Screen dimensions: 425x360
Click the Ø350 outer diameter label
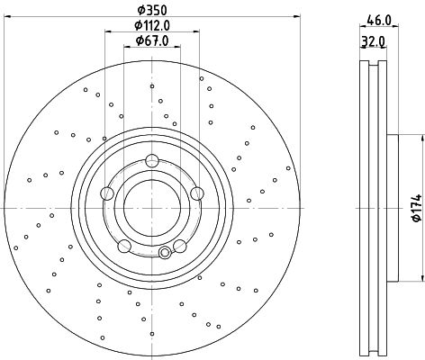tap(152, 10)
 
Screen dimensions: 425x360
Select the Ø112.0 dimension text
tap(152, 25)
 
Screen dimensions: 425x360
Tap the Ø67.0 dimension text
tap(152, 40)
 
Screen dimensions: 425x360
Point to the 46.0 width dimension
tap(379, 21)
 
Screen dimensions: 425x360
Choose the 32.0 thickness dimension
tap(373, 41)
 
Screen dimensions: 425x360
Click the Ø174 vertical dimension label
tap(417, 208)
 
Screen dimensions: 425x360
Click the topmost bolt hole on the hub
tap(152, 160)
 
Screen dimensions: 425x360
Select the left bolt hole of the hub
tap(107, 193)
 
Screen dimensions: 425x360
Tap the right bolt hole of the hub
tap(197, 193)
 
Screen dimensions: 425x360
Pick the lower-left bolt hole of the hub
tap(124, 246)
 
